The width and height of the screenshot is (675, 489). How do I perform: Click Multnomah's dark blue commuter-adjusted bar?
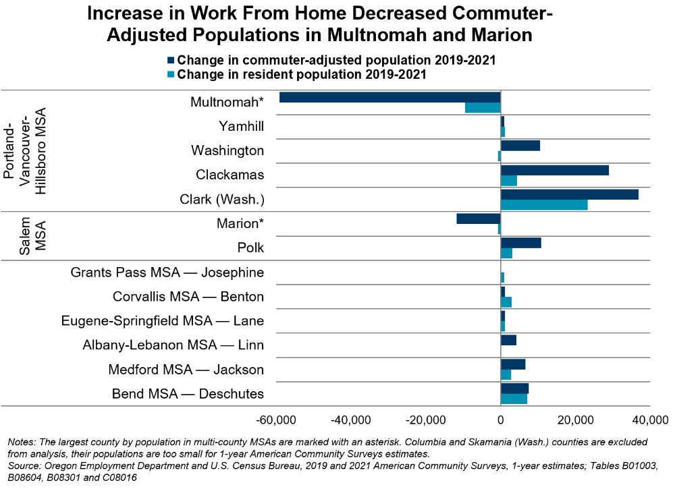click(389, 97)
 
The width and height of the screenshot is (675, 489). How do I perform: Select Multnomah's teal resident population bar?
click(483, 107)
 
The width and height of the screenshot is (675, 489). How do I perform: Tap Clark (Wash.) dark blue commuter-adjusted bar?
click(569, 194)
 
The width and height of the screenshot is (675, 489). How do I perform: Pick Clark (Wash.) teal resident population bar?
click(544, 204)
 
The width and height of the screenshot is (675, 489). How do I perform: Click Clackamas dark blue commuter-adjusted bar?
click(554, 170)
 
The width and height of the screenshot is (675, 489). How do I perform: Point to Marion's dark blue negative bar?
click(479, 219)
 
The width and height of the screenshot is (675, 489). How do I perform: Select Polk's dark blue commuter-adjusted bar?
click(520, 243)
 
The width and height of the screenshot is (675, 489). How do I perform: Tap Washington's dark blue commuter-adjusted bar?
click(520, 146)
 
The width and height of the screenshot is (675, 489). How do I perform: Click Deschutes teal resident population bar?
click(514, 399)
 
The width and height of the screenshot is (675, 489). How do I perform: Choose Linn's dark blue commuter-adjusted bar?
click(508, 340)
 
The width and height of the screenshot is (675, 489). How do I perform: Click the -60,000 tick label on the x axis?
click(277, 420)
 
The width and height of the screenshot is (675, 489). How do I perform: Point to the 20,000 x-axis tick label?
click(575, 420)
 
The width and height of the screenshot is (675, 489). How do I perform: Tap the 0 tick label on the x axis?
click(501, 420)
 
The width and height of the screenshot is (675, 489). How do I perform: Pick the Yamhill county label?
click(241, 126)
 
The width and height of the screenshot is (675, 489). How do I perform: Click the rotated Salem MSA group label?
click(32, 235)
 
